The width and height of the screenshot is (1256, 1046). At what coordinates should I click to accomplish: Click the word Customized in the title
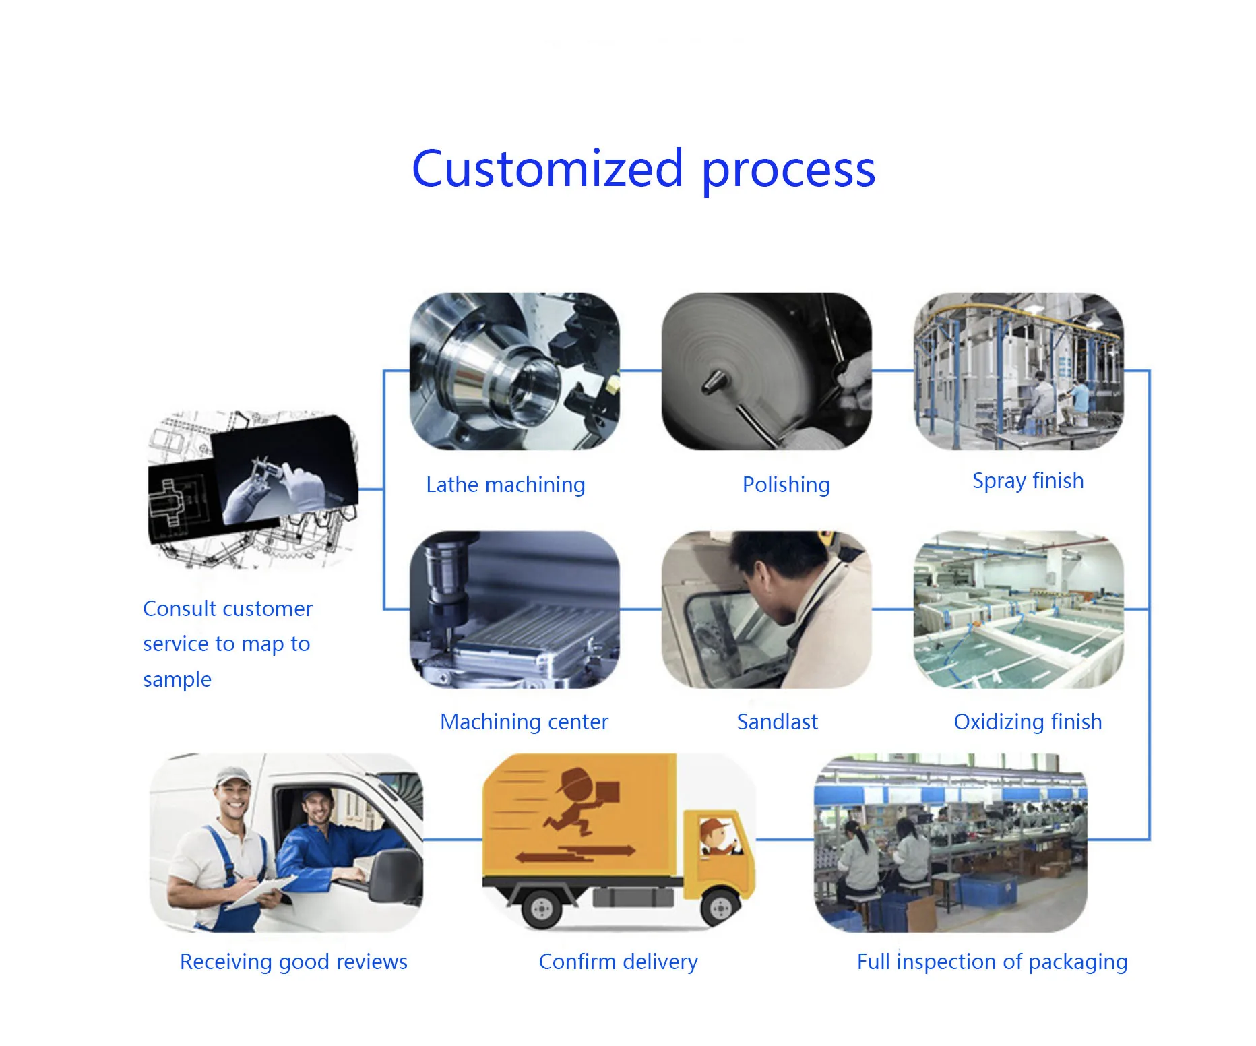[548, 168]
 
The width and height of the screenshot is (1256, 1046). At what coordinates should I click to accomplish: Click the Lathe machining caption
[505, 485]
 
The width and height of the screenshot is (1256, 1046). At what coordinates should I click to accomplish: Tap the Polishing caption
[786, 485]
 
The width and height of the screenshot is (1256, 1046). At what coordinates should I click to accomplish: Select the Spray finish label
[1028, 481]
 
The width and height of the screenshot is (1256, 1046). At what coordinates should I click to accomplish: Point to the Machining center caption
[524, 722]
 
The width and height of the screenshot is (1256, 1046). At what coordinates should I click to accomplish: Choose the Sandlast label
[777, 722]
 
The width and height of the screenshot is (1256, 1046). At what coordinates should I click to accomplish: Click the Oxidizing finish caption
[1028, 722]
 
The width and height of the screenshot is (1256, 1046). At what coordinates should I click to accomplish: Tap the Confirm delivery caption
[618, 962]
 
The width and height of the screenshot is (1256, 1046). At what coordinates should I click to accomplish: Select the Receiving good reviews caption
[293, 962]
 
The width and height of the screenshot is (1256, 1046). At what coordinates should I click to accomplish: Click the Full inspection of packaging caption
[992, 962]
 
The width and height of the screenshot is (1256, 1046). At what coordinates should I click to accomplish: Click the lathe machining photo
[515, 371]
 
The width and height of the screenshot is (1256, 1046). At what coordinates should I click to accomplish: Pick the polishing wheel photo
[766, 371]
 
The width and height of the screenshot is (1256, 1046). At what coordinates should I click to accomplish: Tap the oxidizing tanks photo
[1018, 609]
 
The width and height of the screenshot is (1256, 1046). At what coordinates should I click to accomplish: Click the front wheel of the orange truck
[720, 907]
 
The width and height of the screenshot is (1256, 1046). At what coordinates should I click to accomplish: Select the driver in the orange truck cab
[716, 836]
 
